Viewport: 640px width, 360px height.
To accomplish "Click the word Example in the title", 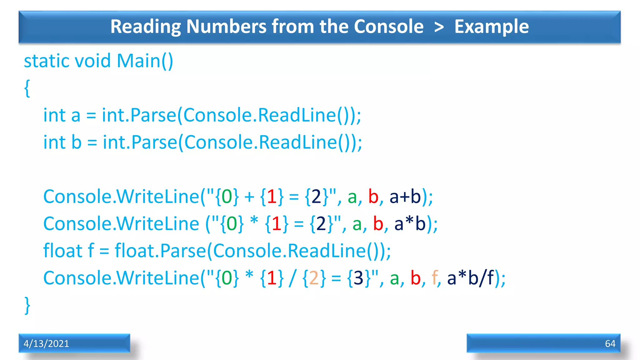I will coord(491,27).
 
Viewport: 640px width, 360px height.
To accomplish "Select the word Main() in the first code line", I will coord(145,61).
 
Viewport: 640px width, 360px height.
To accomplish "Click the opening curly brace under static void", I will coord(27,88).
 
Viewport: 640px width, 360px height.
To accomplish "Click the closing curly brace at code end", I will coord(27,305).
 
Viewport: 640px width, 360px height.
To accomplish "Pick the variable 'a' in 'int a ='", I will coord(76,116).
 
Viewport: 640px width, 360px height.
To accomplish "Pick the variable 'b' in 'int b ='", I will coord(77,142).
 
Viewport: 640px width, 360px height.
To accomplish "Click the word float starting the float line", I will coord(62,251).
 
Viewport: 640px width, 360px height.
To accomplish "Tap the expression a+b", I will coord(405,197).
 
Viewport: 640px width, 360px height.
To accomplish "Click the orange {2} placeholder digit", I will coord(313,278).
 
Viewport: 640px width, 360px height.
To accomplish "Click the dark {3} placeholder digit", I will coord(358,278).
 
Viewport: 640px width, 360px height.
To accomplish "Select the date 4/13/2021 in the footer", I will coord(46,343).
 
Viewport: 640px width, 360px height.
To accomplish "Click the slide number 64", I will coord(610,343).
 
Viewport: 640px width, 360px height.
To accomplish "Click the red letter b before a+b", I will coord(373,197).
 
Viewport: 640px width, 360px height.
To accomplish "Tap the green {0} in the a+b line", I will coord(227,197).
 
